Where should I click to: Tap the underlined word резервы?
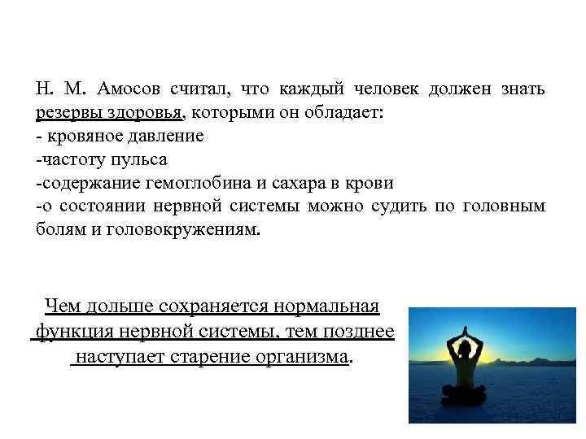coord(68,112)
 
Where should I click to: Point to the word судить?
coord(399,206)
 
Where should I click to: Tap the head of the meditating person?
coord(465,348)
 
